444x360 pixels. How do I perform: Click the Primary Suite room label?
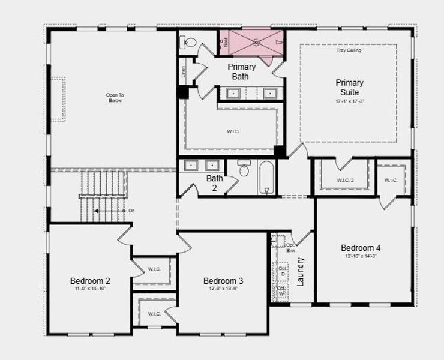pyautogui.click(x=349, y=88)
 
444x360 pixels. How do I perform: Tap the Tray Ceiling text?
pyautogui.click(x=349, y=50)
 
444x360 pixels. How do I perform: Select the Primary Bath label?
pyautogui.click(x=241, y=71)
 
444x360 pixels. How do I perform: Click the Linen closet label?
pyautogui.click(x=183, y=71)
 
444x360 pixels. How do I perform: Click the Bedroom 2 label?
pyautogui.click(x=90, y=281)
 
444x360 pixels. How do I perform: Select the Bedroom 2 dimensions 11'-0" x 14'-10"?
pyautogui.click(x=90, y=289)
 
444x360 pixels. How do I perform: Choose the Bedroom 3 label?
pyautogui.click(x=223, y=281)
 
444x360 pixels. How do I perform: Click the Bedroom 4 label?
pyautogui.click(x=361, y=248)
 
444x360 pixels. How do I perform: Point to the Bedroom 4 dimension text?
pyautogui.click(x=361, y=256)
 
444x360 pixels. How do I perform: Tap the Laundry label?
pyautogui.click(x=301, y=271)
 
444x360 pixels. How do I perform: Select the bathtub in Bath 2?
pyautogui.click(x=267, y=176)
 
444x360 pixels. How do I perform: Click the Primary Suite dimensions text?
pyautogui.click(x=349, y=101)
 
